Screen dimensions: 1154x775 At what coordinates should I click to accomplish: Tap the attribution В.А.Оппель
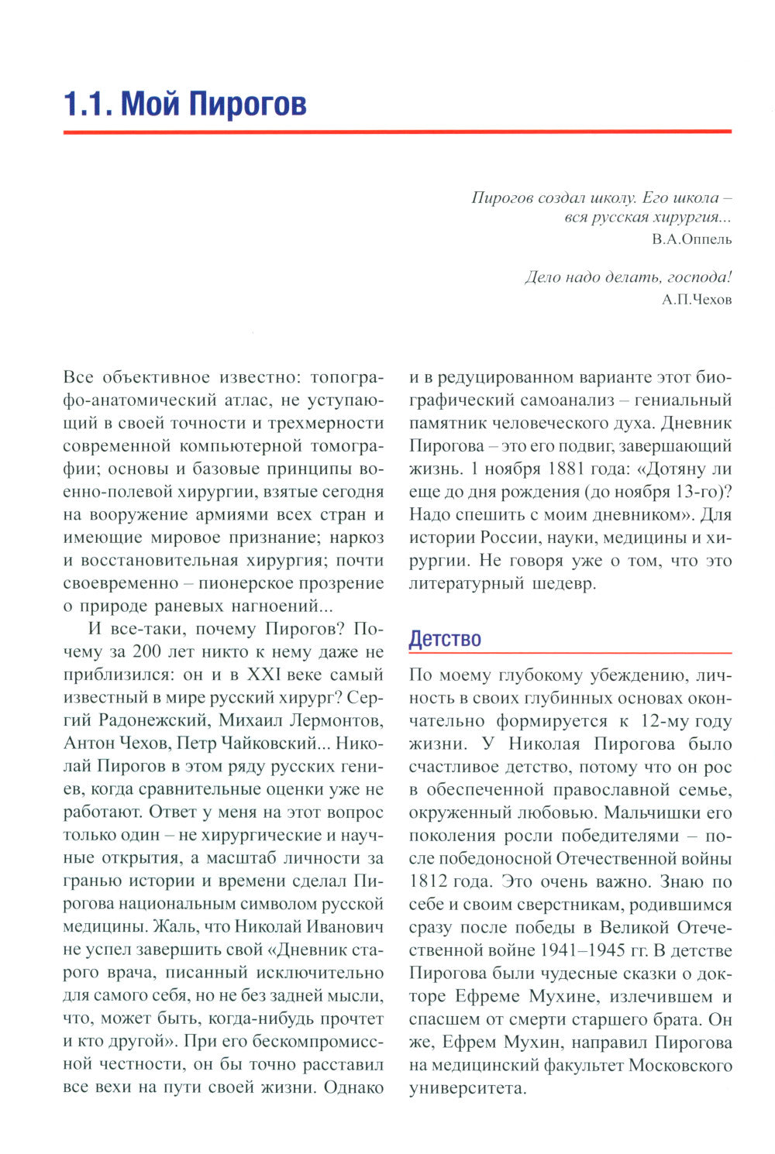pos(691,239)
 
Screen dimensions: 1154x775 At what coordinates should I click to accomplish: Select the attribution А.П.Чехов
pos(697,300)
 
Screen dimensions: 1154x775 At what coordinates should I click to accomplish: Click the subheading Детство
pos(445,639)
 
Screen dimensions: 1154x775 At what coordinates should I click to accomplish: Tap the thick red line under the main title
pos(397,132)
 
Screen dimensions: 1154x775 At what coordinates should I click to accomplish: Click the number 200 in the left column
pos(147,652)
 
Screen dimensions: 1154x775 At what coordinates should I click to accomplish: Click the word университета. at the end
pos(467,1088)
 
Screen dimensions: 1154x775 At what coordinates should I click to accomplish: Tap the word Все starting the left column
pos(78,378)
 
